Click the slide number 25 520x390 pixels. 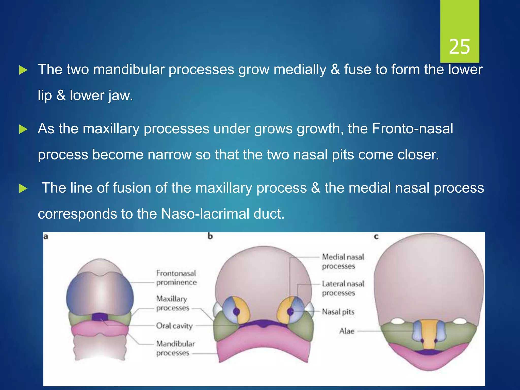(x=459, y=47)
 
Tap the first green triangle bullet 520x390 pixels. (x=23, y=70)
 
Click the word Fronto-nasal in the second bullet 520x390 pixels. (x=412, y=128)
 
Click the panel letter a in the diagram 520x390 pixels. (x=46, y=237)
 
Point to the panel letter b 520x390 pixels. (x=210, y=236)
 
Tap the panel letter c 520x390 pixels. (x=376, y=237)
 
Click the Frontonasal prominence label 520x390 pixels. (x=176, y=278)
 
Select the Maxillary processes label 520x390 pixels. (x=172, y=303)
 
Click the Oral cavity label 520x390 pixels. (x=174, y=326)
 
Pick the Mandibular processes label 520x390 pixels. (x=175, y=348)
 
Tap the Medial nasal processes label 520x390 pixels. (x=343, y=261)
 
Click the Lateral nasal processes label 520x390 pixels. (x=343, y=288)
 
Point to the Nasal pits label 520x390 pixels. (x=338, y=312)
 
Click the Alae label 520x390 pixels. (x=347, y=331)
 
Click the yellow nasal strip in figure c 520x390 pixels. (x=429, y=335)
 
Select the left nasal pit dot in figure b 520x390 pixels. (x=236, y=312)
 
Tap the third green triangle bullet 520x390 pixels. (x=23, y=189)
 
